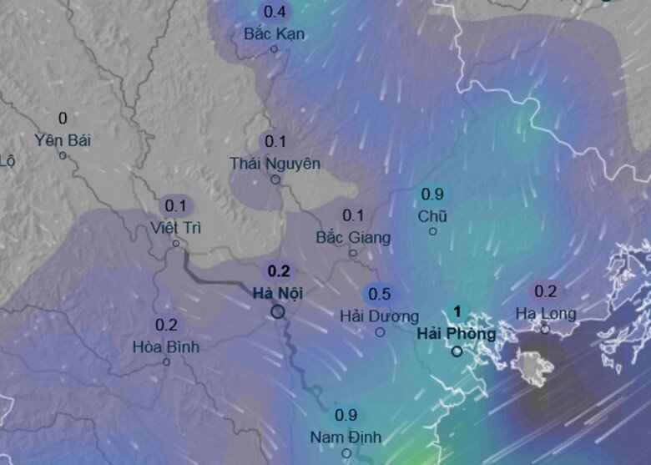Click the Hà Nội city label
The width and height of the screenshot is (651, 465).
click(x=277, y=293)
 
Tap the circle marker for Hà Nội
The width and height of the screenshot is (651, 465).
click(x=277, y=311)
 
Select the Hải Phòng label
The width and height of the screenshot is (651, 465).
click(x=456, y=334)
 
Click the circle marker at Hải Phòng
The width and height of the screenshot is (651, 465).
click(x=457, y=351)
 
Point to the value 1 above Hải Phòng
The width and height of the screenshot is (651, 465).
click(x=457, y=311)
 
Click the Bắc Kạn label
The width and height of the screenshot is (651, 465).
click(x=274, y=34)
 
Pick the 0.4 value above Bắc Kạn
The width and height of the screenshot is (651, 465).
click(x=274, y=12)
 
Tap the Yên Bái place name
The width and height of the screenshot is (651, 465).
click(x=63, y=139)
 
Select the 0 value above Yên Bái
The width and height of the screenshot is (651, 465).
click(x=63, y=119)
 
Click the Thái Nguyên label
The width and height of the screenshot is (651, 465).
click(x=275, y=164)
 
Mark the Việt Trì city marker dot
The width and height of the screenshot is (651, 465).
click(x=176, y=244)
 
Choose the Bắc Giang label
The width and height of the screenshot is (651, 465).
click(x=352, y=238)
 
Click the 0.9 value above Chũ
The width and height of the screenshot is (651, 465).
click(x=431, y=195)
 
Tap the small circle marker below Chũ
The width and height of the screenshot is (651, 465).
click(x=432, y=231)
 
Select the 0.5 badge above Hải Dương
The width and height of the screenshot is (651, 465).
click(x=379, y=294)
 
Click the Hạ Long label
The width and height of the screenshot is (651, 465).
click(x=545, y=314)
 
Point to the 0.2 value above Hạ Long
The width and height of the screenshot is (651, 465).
click(x=545, y=291)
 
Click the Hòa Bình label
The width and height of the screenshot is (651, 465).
click(x=166, y=346)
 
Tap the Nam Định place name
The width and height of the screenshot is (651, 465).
click(x=345, y=437)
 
